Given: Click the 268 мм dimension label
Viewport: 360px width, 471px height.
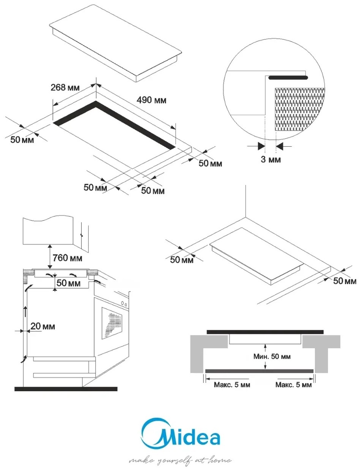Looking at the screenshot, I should point(65,88).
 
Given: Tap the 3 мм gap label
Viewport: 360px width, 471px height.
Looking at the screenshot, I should point(270,159).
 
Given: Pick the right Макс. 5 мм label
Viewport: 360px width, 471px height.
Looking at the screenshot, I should point(294,385).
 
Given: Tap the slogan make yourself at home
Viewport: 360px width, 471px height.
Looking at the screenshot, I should point(180,460).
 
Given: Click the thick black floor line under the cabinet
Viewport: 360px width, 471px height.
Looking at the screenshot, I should point(66,389).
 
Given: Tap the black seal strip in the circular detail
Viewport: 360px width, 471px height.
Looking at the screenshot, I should point(288,77).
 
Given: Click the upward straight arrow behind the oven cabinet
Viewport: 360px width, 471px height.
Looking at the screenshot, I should point(25,312).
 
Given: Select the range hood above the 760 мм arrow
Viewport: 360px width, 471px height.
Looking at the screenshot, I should point(48,231).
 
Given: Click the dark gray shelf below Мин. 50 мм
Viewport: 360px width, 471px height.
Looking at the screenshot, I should point(259,371).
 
